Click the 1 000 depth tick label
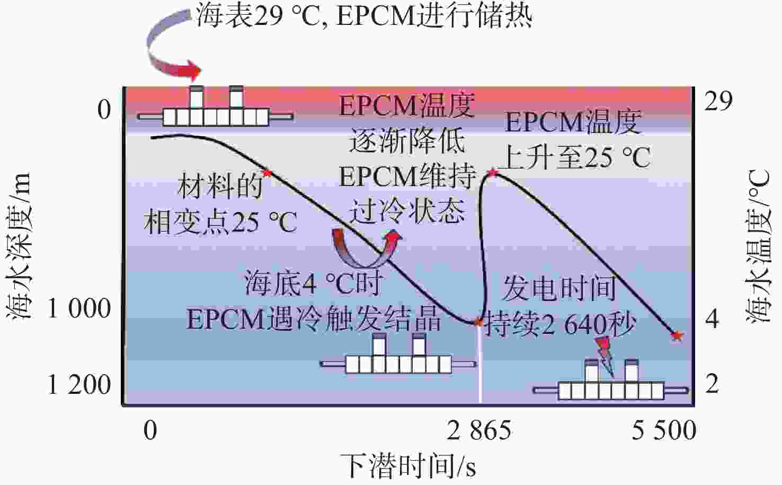coord(79,308)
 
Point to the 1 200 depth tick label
coord(79,385)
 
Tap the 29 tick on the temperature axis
coord(718,101)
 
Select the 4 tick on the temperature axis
coord(712,319)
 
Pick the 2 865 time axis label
coord(479,430)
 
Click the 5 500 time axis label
coord(664,430)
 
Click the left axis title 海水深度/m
coord(20,246)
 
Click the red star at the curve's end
coord(677,335)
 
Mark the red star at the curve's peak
coord(493,172)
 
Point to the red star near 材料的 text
coord(267,173)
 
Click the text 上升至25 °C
coord(576,157)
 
